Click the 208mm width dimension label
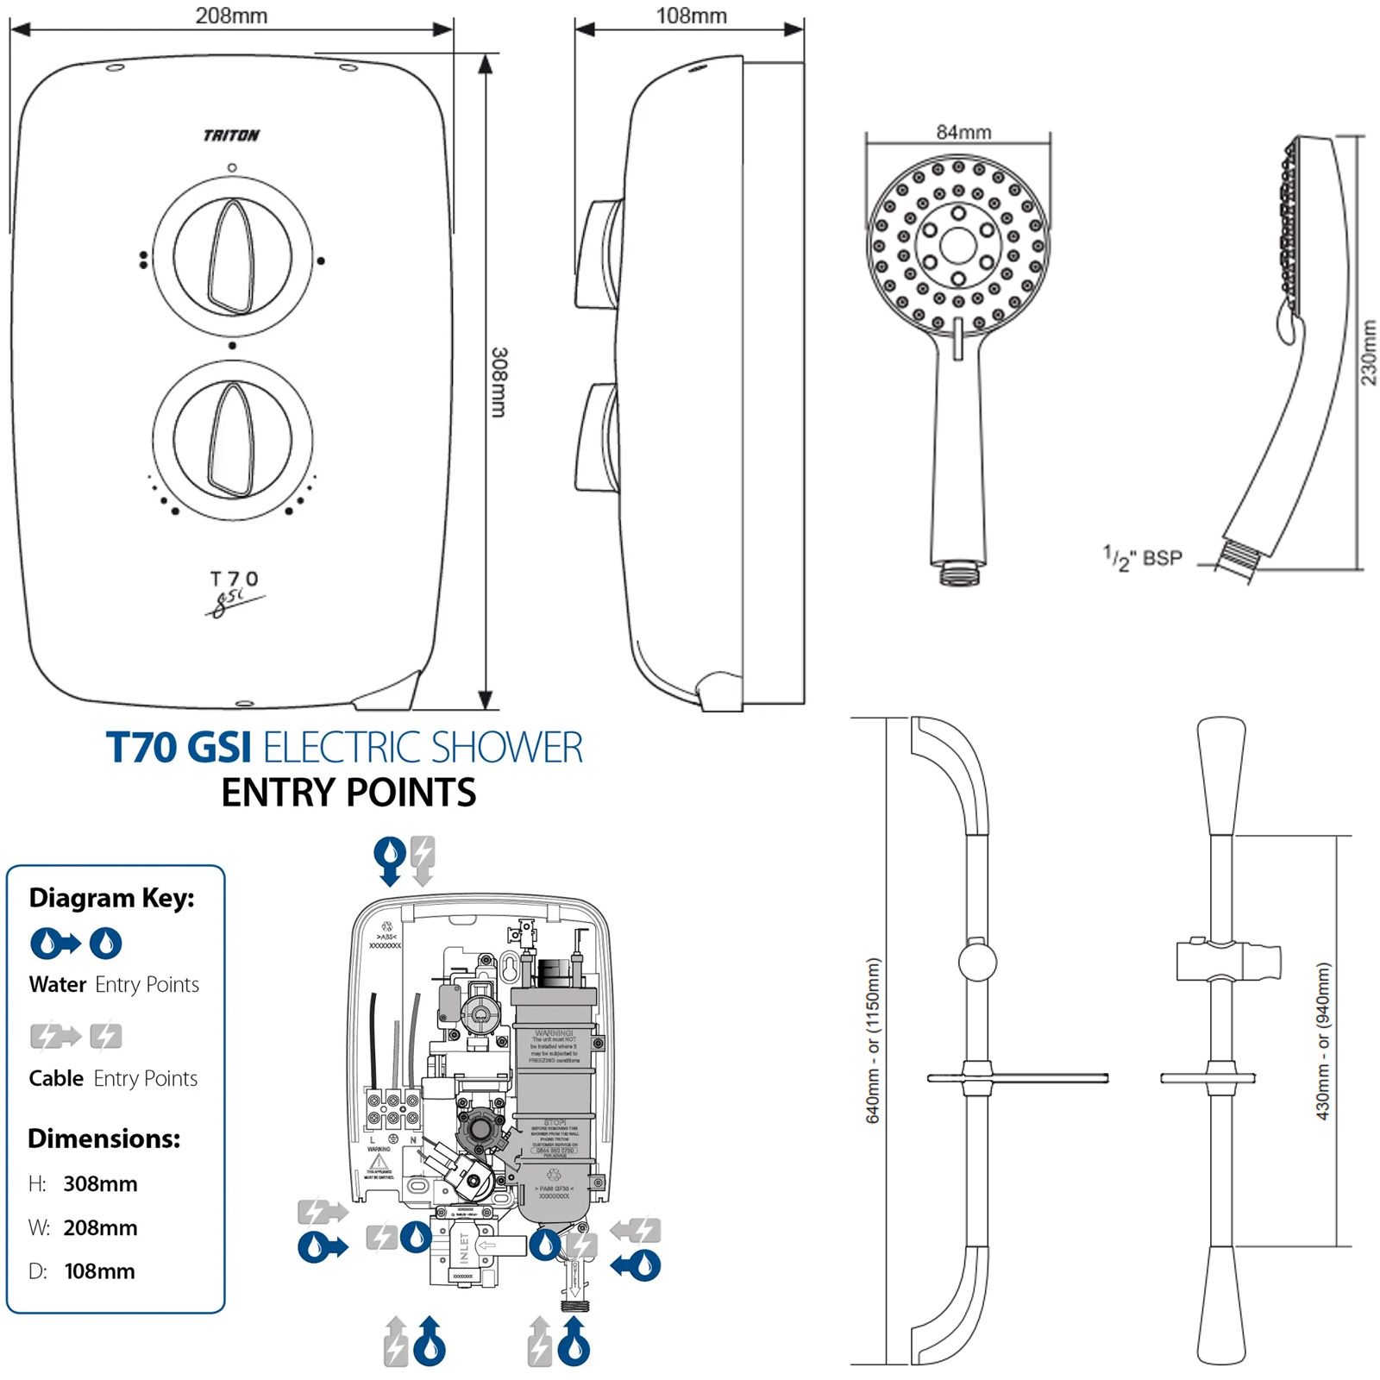click(x=231, y=16)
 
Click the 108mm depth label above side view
click(x=691, y=16)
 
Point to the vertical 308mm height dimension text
click(x=499, y=382)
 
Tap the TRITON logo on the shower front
click(x=231, y=135)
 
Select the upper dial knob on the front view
click(x=232, y=257)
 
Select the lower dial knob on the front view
click(x=232, y=440)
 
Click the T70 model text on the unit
click(x=234, y=579)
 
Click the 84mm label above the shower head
click(x=963, y=132)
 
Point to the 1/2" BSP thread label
click(x=1143, y=558)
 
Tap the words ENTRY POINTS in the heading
click(x=348, y=793)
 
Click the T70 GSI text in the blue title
click(x=179, y=748)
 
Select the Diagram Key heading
click(x=111, y=898)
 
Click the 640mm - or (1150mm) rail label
click(x=873, y=1040)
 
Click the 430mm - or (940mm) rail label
click(x=1323, y=1041)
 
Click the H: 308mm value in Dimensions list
click(x=100, y=1183)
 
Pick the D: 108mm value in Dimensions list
click(x=99, y=1271)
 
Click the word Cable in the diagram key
click(x=56, y=1078)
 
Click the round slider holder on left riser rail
click(x=977, y=961)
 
